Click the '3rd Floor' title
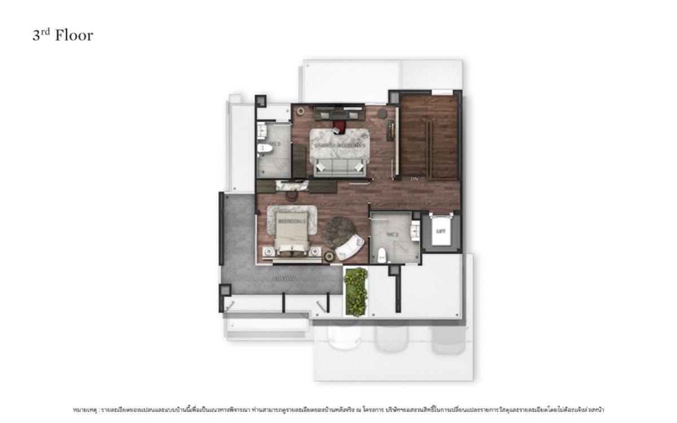tap(62, 36)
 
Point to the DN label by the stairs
tap(415, 179)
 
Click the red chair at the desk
tap(339, 126)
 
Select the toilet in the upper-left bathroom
tap(263, 149)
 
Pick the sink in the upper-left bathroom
tap(261, 132)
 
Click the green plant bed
tap(355, 291)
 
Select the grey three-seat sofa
tap(339, 166)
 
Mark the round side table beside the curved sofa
tap(329, 257)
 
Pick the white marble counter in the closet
tap(292, 185)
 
